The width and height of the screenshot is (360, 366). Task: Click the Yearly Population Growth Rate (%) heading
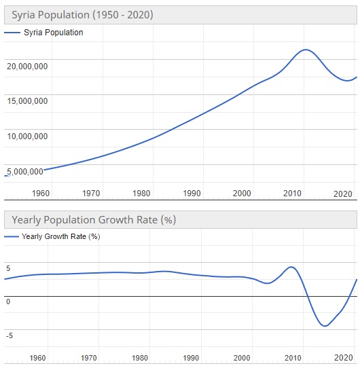coord(91,220)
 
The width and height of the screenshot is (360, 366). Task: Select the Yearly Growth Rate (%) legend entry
coord(60,237)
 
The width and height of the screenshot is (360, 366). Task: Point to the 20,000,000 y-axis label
coord(27,67)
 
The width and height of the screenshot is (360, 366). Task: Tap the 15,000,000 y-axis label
coord(27,101)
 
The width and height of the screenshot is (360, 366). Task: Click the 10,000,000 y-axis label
coord(27,136)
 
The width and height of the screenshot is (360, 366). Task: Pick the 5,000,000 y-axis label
coord(27,171)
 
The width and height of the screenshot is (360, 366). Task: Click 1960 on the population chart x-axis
coord(41,194)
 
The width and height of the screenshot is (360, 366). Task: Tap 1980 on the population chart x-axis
coord(141,194)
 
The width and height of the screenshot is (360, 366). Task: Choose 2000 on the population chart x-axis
coord(242,194)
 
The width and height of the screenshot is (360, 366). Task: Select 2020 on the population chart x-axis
coord(343,194)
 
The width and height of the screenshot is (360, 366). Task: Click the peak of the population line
coord(306,50)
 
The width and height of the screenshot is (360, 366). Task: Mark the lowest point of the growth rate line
coord(325,326)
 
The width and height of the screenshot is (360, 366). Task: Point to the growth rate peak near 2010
coord(291,267)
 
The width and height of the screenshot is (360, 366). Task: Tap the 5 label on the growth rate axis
coord(8,268)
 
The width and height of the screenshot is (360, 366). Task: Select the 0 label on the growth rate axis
coord(8,301)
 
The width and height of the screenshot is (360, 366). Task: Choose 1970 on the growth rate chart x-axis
coord(88,358)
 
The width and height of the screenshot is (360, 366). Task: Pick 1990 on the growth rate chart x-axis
coord(191,358)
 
